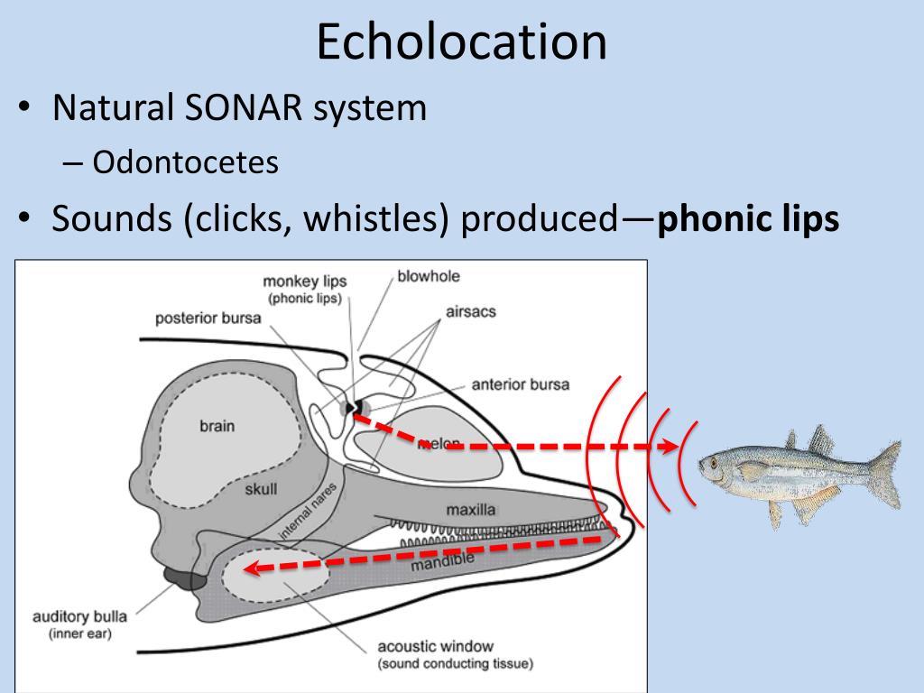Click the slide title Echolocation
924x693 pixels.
461,42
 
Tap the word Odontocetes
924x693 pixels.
184,162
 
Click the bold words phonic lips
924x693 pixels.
748,219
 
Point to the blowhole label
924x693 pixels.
429,276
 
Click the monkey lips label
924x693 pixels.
304,282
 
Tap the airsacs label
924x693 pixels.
470,312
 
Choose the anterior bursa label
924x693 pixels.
520,384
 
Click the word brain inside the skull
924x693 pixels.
217,426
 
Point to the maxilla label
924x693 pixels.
470,510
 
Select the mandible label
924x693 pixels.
442,563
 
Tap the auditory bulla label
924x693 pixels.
79,618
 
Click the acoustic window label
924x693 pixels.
436,646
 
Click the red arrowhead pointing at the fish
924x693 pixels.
670,447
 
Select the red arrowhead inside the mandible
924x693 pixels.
256,569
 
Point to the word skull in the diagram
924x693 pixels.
261,490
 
